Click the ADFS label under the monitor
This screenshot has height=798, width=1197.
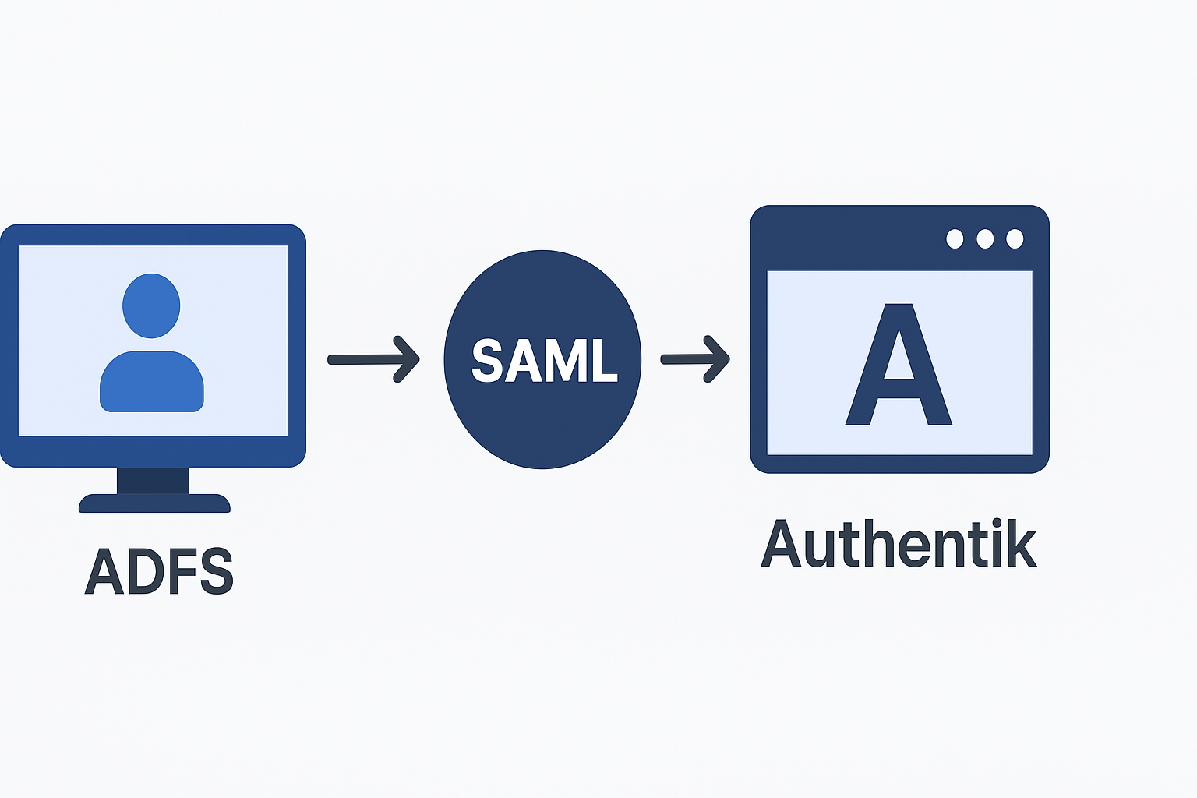[159, 571]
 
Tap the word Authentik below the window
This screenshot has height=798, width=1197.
[899, 544]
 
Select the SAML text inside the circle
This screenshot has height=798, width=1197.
[544, 360]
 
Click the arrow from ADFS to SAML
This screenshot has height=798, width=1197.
[373, 359]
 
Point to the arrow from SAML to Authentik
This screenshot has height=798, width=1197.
[695, 359]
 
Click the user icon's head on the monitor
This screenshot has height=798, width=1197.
[151, 305]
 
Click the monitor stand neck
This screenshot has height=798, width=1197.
[153, 480]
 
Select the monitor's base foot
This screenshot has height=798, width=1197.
[154, 503]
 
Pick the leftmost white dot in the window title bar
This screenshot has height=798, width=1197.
[955, 238]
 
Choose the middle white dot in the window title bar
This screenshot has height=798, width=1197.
[985, 238]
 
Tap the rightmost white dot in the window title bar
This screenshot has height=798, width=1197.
[1015, 238]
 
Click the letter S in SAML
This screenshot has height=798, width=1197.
[487, 360]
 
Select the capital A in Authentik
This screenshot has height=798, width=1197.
[781, 544]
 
